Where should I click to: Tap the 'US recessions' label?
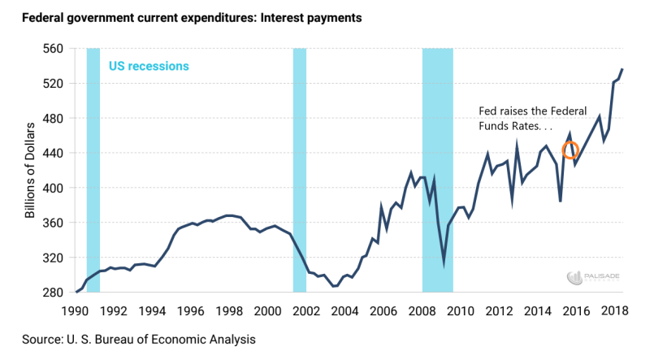(148, 65)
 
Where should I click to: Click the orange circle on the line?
(571, 150)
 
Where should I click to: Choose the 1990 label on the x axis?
(75, 310)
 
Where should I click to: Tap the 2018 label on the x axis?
(615, 310)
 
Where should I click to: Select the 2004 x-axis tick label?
(345, 310)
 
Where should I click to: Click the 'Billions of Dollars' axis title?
(30, 171)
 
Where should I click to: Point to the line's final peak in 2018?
(622, 70)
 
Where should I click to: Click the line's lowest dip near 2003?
(333, 286)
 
